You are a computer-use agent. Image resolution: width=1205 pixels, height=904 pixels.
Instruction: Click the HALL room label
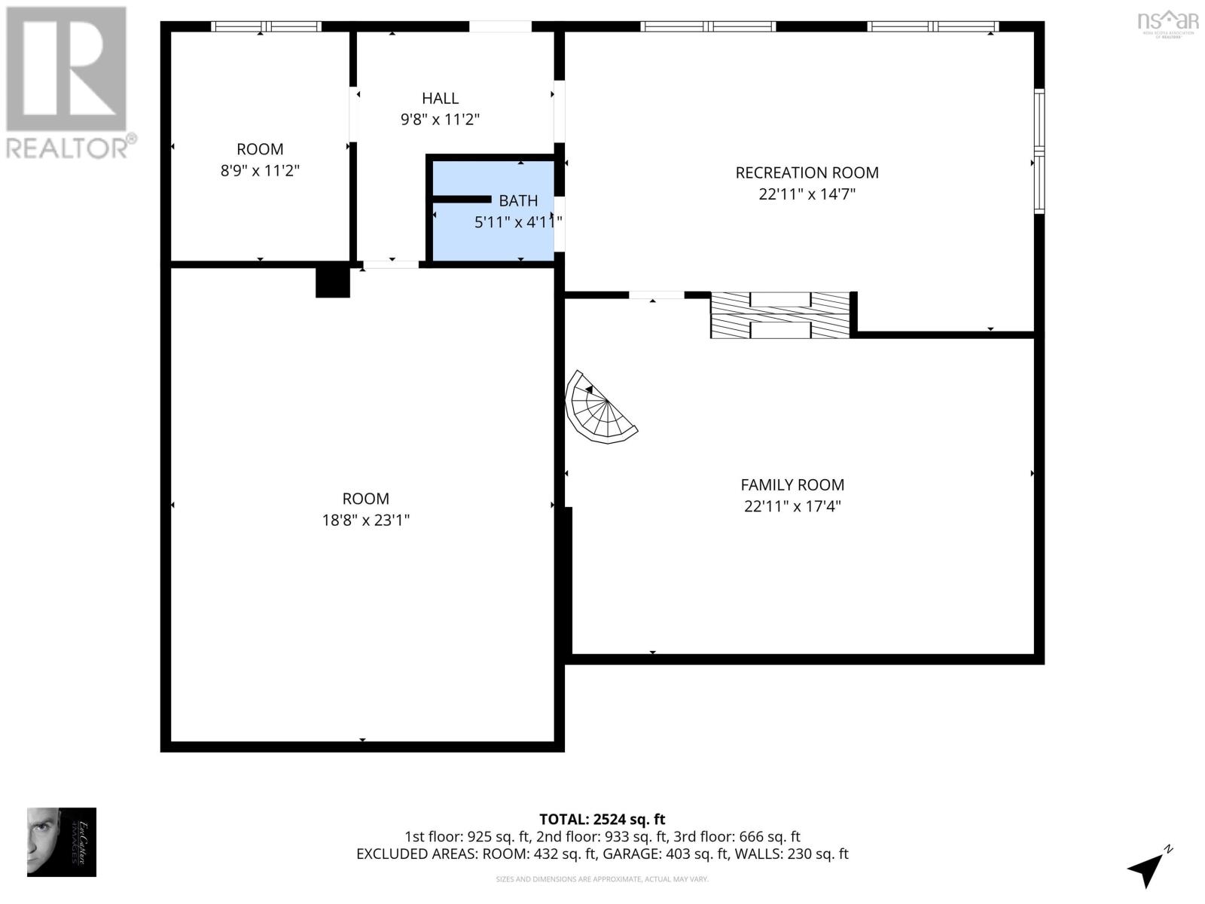pyautogui.click(x=440, y=98)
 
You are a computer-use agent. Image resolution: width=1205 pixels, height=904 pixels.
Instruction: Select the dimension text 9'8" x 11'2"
pyautogui.click(x=440, y=119)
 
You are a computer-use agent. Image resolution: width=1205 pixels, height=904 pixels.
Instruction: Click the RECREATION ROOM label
pyautogui.click(x=807, y=173)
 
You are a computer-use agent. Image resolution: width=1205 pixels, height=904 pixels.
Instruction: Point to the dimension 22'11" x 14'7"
pyautogui.click(x=807, y=194)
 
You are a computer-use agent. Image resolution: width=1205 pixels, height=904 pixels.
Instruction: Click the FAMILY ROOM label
pyautogui.click(x=792, y=485)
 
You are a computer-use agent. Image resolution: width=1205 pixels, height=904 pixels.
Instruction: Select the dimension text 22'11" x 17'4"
pyautogui.click(x=792, y=506)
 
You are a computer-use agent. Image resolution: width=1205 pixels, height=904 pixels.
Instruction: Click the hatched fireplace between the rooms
pyautogui.click(x=780, y=315)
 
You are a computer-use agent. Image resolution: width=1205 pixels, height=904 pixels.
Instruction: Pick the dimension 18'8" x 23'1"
pyautogui.click(x=365, y=520)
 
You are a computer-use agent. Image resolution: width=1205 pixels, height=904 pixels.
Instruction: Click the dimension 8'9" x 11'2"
pyautogui.click(x=260, y=170)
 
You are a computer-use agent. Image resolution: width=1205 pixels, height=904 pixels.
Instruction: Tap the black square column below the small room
pyautogui.click(x=332, y=282)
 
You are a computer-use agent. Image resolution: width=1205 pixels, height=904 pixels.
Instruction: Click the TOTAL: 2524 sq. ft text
pyautogui.click(x=602, y=819)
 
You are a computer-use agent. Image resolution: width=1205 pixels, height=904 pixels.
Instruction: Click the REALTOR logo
pyautogui.click(x=68, y=83)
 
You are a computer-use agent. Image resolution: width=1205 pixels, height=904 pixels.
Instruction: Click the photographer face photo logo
pyautogui.click(x=62, y=841)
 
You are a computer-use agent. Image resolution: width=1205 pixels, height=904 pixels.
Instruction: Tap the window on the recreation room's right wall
pyautogui.click(x=1039, y=151)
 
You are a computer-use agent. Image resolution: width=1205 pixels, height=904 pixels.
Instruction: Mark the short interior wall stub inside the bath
pyautogui.click(x=461, y=199)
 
